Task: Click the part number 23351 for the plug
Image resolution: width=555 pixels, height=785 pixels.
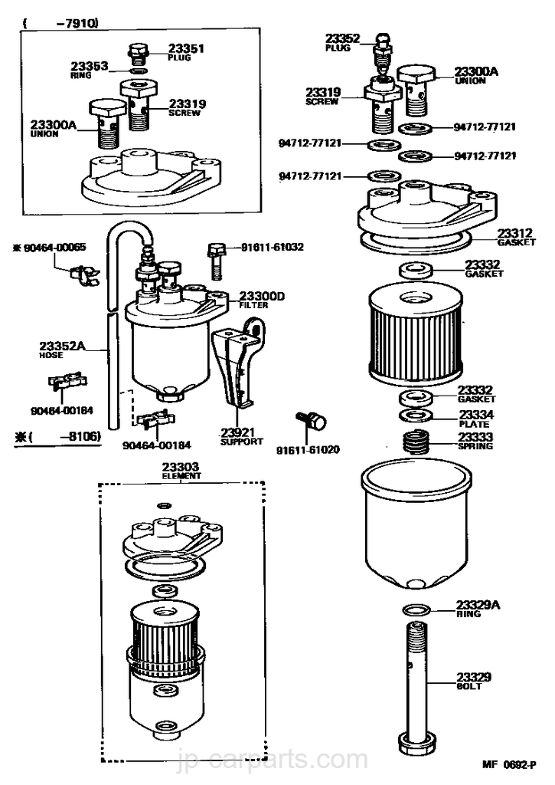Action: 188,48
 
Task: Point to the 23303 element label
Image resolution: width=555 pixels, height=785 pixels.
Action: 181,468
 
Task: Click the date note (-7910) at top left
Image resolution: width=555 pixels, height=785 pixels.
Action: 60,24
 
